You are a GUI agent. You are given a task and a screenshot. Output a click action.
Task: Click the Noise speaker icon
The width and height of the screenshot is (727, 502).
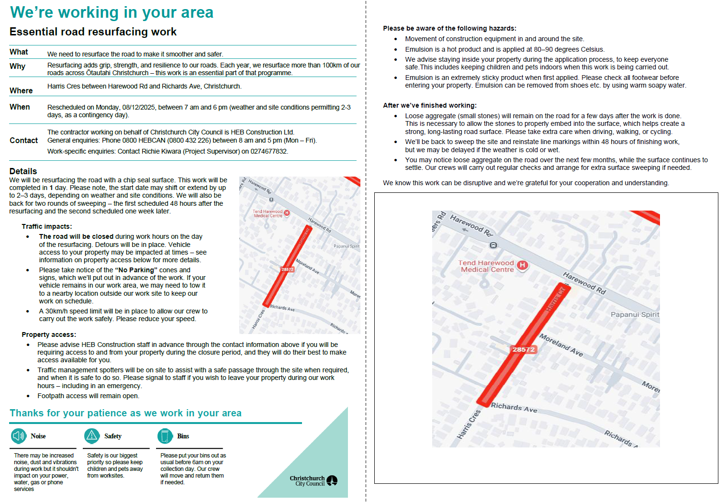[x=19, y=436]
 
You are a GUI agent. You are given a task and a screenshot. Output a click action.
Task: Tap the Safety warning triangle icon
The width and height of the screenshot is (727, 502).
[x=92, y=436]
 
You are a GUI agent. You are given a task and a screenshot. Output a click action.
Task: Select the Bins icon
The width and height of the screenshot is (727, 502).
[x=165, y=436]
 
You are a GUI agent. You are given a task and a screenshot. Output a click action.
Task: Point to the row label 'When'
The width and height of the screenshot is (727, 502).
[x=20, y=107]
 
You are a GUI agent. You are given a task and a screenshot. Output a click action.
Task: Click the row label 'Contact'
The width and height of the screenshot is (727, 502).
[x=23, y=141]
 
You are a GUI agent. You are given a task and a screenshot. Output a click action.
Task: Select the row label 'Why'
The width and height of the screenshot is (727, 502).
[x=17, y=67]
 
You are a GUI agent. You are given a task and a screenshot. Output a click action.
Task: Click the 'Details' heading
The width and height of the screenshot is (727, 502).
[x=23, y=171]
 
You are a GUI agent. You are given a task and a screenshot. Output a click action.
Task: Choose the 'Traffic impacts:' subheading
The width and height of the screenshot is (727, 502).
[x=47, y=227]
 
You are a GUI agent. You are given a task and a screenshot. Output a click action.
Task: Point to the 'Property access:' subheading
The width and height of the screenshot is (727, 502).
[x=49, y=335]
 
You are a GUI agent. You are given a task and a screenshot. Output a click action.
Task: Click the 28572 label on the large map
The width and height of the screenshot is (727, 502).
[x=524, y=350]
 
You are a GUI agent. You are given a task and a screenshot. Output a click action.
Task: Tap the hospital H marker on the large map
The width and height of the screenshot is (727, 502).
[x=523, y=265]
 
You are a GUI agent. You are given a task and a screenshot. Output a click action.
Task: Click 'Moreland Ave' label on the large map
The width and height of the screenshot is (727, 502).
[x=561, y=345]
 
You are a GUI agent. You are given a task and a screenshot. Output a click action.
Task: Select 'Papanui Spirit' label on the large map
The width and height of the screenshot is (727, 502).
[x=635, y=315]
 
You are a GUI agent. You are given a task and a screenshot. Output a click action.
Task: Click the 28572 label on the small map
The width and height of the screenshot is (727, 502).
[x=287, y=269]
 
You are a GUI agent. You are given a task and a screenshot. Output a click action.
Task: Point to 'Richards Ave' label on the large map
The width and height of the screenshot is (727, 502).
[x=514, y=407]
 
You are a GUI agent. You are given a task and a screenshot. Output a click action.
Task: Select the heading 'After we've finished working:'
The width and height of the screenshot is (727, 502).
[x=429, y=106]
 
